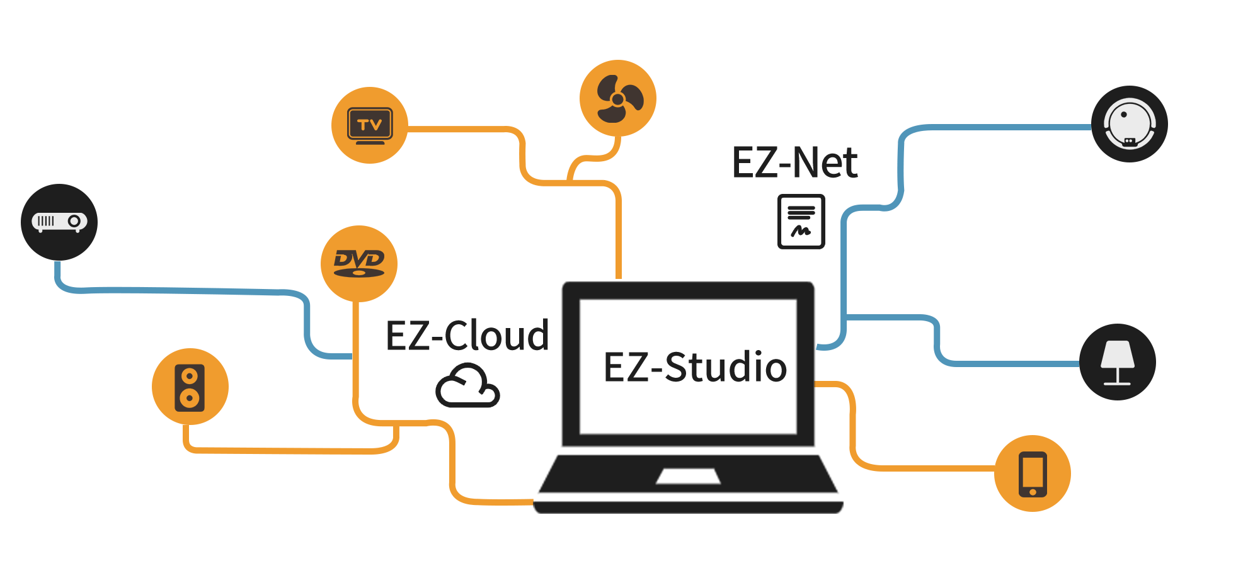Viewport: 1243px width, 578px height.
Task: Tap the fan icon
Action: coord(619,99)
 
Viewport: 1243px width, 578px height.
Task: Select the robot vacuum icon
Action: coord(1130,123)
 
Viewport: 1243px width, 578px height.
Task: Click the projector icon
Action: coord(59,222)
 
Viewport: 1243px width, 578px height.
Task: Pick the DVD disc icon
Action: coord(358,263)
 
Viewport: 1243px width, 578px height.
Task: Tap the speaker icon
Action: coord(190,387)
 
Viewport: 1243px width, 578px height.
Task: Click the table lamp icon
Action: coord(1117,363)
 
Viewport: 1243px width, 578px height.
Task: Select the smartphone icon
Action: coord(1033,474)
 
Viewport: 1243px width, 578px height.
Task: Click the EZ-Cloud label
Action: coord(466,335)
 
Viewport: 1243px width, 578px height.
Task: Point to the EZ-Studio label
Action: coord(698,366)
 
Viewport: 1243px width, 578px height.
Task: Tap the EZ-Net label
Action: coord(795,163)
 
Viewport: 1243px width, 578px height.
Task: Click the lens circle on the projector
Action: coord(74,221)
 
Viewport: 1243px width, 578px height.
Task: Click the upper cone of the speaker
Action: coord(190,377)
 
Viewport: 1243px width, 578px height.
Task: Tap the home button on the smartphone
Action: coord(1033,492)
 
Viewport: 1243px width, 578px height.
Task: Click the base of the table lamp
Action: coord(1117,383)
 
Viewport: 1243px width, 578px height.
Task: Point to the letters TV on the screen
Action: coord(370,125)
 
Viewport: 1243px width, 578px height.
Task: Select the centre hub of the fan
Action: coord(618,99)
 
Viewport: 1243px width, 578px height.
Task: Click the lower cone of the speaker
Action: coord(190,398)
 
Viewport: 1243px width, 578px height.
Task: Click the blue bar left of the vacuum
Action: coord(953,140)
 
